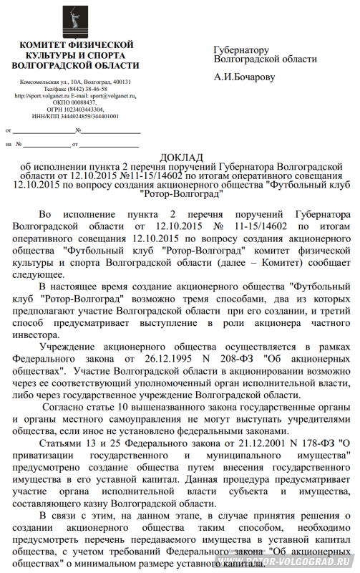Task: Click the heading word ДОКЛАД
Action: (x=180, y=157)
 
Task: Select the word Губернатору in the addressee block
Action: (x=242, y=50)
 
